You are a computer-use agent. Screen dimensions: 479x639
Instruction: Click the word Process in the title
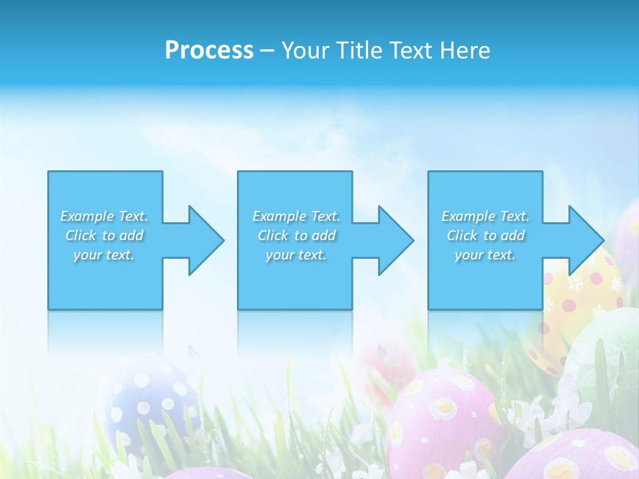click(209, 51)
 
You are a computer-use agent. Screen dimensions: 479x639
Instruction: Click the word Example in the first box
click(87, 216)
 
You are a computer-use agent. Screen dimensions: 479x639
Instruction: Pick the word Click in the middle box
click(273, 236)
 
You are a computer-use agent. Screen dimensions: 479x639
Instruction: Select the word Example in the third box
click(469, 216)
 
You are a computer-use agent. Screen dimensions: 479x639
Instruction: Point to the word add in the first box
click(132, 236)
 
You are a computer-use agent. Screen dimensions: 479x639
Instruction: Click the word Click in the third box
click(462, 236)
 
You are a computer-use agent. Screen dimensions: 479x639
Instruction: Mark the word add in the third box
click(513, 236)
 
